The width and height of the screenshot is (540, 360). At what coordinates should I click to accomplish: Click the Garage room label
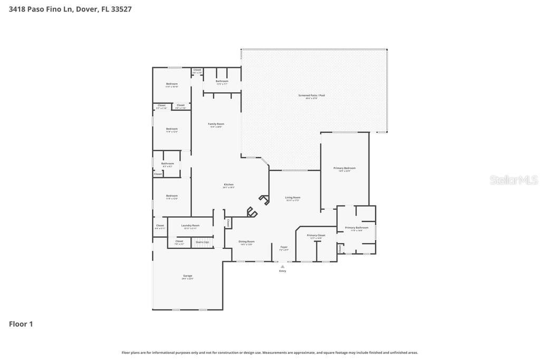click(x=188, y=276)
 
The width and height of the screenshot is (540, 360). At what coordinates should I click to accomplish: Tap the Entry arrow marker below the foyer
click(x=283, y=267)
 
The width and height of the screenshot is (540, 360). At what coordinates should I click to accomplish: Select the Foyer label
click(x=284, y=247)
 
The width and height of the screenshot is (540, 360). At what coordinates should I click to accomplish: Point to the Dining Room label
click(x=247, y=241)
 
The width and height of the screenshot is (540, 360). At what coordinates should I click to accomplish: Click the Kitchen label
click(x=228, y=184)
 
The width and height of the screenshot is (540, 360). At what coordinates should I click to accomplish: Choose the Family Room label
click(x=216, y=124)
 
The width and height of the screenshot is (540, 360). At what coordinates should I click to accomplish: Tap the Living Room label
click(x=293, y=198)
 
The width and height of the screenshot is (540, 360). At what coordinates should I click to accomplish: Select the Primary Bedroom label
click(x=344, y=168)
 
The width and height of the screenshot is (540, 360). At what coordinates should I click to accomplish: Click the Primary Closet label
click(x=316, y=235)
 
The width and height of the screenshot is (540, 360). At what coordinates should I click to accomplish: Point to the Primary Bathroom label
click(x=357, y=228)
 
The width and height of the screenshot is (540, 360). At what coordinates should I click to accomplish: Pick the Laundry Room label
click(x=190, y=226)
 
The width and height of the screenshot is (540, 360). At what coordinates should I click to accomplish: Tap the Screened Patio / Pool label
click(x=312, y=95)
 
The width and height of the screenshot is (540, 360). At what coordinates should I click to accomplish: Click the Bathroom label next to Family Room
click(x=222, y=81)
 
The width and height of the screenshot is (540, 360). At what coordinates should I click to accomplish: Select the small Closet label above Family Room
click(x=197, y=70)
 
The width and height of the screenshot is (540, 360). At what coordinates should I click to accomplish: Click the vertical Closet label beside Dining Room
click(x=228, y=223)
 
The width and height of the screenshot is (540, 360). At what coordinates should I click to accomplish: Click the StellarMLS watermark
click(x=514, y=180)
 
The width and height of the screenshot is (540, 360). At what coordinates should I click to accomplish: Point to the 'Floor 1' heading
click(x=21, y=324)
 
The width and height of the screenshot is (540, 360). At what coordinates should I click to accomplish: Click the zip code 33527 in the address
click(x=121, y=9)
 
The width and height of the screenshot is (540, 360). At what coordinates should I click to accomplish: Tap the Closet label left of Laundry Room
click(x=160, y=226)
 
